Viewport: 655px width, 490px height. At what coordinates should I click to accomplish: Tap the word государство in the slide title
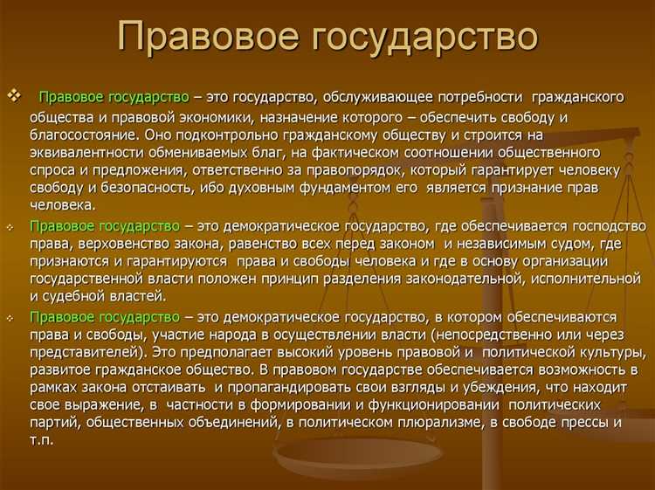[x=419, y=38]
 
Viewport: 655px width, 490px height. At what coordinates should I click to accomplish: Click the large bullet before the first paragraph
[x=13, y=93]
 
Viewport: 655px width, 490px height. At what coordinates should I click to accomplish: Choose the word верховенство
[x=111, y=244]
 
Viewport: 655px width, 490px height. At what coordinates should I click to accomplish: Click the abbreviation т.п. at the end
[x=41, y=440]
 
